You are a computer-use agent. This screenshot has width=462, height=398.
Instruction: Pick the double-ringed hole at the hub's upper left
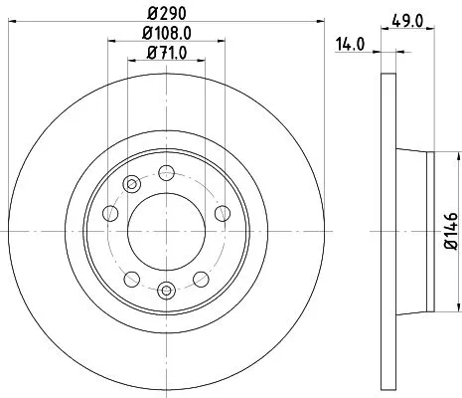tap(131, 182)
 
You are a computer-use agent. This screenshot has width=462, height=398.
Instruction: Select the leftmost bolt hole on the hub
tap(111, 215)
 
